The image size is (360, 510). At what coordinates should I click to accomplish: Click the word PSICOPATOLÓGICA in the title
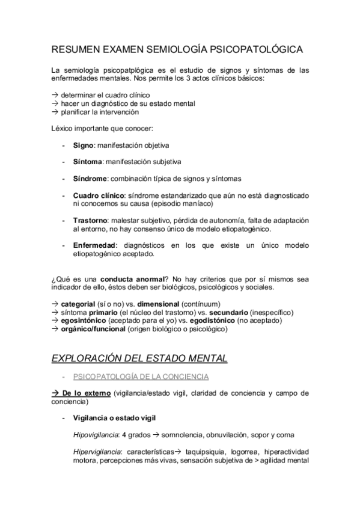coord(257,49)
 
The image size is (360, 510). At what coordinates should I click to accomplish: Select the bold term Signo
coord(82,145)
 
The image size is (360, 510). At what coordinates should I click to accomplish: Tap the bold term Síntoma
coord(87,162)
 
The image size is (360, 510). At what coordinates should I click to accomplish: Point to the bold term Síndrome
coord(90,179)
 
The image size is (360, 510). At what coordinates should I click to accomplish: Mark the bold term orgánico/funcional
coord(93,329)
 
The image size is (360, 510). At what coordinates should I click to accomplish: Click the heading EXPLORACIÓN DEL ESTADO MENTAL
coord(139,358)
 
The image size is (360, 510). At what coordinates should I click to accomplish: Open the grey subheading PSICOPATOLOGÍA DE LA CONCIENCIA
coord(140,376)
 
